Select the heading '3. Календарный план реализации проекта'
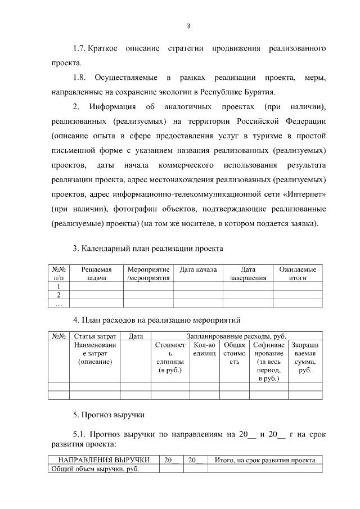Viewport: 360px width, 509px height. coord(148,248)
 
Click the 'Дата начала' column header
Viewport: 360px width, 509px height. coord(198,270)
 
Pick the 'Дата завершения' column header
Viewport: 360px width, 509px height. coord(247,273)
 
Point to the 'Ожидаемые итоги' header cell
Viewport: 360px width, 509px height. coord(298,273)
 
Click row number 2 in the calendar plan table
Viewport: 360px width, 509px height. coord(59,295)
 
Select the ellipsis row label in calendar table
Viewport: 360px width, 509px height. coord(59,303)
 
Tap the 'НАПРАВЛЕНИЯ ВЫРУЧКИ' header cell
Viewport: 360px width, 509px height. coord(104,460)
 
